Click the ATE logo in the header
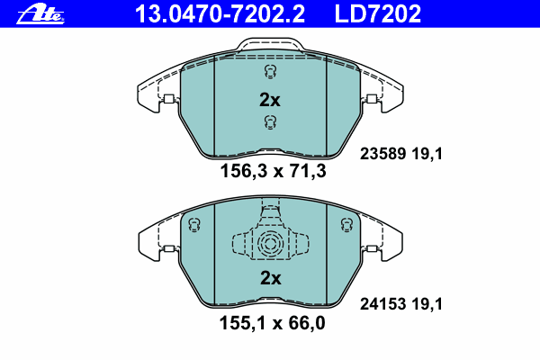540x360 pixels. (40, 15)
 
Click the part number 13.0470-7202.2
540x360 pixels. (220, 14)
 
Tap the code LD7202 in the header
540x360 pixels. (378, 14)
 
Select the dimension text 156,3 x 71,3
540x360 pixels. (273, 171)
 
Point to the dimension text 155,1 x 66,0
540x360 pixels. (272, 323)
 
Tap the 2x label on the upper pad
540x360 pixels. (270, 100)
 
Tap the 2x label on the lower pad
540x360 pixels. (270, 278)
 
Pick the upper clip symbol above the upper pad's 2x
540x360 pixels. (271, 72)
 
